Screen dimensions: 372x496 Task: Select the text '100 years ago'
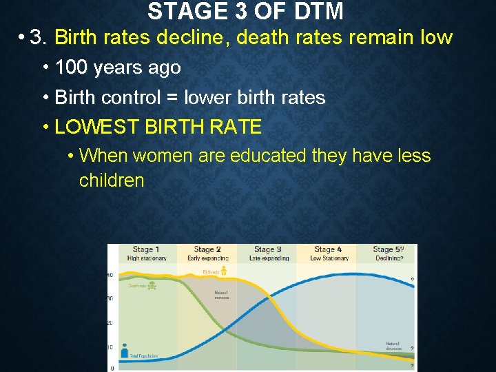(x=118, y=68)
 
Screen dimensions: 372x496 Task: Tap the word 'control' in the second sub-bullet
(x=134, y=98)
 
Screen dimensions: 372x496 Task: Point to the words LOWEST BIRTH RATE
(x=158, y=127)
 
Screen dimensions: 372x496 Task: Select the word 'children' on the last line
(x=112, y=181)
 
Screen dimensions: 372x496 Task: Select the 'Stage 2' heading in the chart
(x=207, y=249)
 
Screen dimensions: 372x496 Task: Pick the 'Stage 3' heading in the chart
(x=268, y=249)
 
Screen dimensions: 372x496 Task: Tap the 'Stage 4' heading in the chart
(x=328, y=249)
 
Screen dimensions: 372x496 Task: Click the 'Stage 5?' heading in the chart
(x=388, y=249)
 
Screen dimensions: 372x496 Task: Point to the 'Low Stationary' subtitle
(x=329, y=258)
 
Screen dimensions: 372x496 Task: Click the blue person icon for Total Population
(x=125, y=349)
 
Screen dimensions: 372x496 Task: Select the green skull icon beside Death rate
(x=152, y=285)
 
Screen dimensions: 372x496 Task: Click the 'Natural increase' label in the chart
(x=221, y=296)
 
